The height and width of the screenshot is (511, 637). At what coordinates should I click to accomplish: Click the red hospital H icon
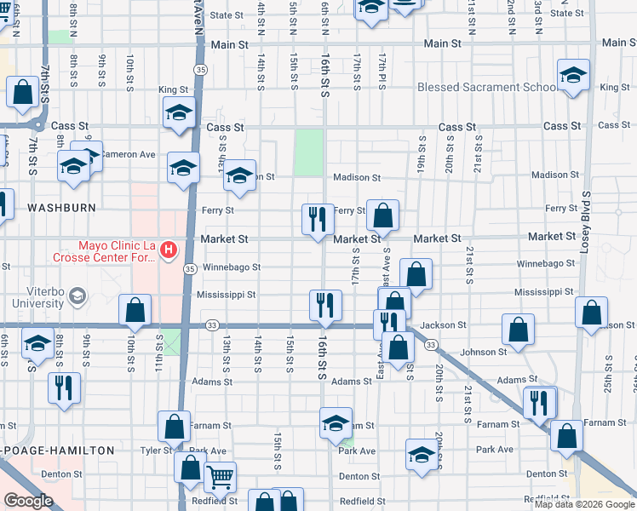169,250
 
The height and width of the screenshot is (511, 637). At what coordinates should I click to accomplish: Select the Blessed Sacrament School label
488,88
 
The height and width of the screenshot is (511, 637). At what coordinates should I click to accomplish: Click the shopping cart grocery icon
220,477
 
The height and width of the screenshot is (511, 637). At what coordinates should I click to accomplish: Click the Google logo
28,501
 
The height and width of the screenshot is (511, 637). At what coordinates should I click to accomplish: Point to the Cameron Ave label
128,154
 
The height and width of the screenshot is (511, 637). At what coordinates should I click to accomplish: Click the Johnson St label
484,351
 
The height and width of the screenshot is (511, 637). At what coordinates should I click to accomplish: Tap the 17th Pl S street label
382,72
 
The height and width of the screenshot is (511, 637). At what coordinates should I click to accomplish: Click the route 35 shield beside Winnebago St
190,268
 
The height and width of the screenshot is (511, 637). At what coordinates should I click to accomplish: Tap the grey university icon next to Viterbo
77,296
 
